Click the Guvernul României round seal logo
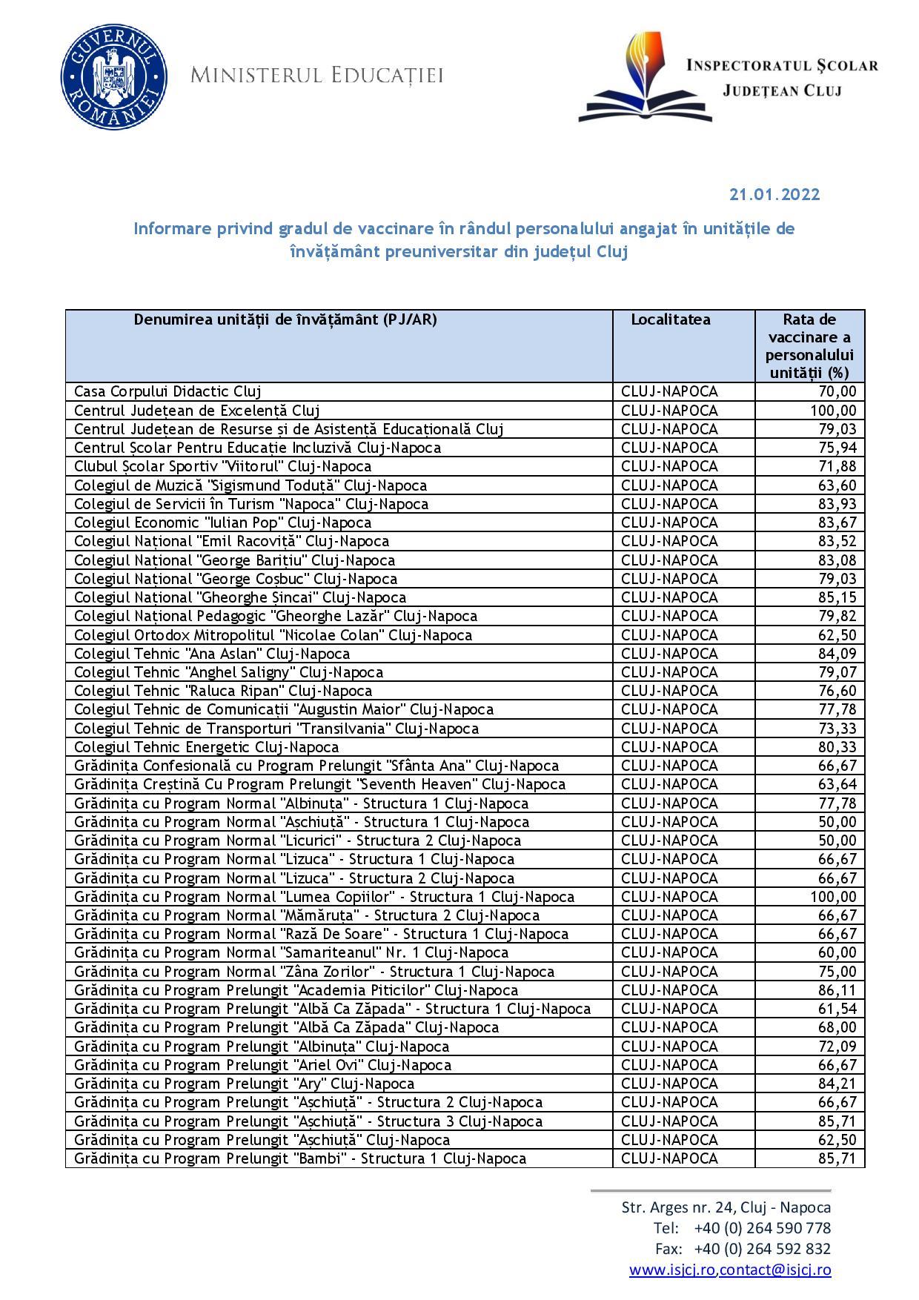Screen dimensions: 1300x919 click(113, 76)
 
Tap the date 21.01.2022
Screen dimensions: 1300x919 click(774, 195)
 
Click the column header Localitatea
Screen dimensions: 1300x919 click(670, 319)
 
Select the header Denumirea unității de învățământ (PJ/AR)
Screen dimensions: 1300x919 click(285, 319)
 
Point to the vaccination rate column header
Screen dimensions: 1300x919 click(809, 346)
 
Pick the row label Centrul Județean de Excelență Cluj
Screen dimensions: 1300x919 click(197, 411)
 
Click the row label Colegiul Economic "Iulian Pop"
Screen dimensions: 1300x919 click(222, 523)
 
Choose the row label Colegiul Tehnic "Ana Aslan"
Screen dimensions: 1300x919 click(212, 654)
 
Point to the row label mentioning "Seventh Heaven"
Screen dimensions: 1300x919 click(319, 784)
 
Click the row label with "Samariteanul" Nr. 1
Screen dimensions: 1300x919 click(291, 952)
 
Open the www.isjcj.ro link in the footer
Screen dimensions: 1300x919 click(672, 1270)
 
